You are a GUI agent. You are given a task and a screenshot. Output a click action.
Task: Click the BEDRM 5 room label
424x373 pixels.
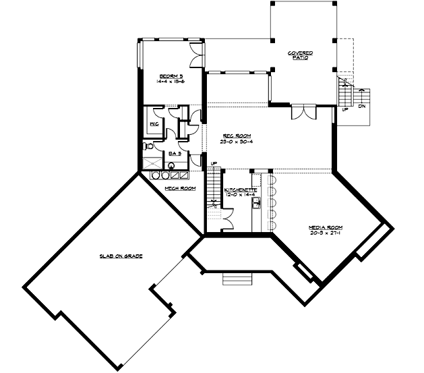click(x=168, y=75)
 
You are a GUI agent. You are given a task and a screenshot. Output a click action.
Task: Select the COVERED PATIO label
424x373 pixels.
click(x=300, y=55)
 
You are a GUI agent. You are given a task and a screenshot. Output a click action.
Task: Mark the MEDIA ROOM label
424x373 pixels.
click(x=323, y=227)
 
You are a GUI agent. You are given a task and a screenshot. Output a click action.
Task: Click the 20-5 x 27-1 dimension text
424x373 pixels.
click(x=323, y=233)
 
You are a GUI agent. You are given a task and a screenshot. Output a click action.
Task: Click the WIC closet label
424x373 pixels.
click(x=153, y=125)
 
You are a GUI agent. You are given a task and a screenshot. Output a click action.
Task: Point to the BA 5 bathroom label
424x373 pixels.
click(x=175, y=153)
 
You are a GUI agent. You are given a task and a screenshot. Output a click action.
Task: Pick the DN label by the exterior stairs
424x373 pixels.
click(x=362, y=106)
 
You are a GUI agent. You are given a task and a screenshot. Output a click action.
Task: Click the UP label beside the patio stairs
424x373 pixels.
click(x=345, y=110)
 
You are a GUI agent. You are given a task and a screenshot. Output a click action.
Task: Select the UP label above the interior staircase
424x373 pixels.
click(x=213, y=164)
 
